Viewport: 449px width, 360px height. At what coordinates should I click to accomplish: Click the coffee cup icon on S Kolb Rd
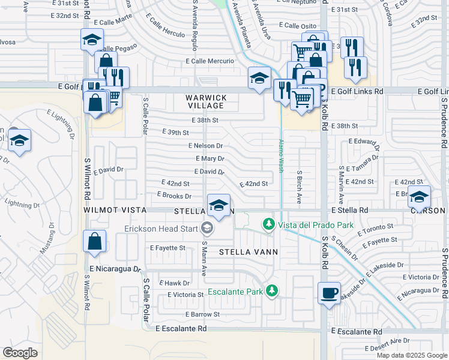[x=328, y=293]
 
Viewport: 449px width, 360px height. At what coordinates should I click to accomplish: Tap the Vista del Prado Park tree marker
[x=270, y=224]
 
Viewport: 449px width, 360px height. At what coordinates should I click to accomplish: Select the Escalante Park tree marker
[x=273, y=291]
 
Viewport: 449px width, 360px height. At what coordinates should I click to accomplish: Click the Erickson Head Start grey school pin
[x=207, y=227]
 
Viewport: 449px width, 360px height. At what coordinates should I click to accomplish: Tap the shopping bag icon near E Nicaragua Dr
[x=95, y=242]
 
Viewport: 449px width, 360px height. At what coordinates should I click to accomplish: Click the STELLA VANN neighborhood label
[x=248, y=252]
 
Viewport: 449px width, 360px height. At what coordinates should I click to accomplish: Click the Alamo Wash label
[x=280, y=156]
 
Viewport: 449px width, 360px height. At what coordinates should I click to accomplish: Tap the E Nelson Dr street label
[x=205, y=146]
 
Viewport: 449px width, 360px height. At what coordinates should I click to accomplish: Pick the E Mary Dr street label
[x=210, y=159]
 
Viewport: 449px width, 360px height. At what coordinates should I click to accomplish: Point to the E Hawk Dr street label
[x=174, y=283]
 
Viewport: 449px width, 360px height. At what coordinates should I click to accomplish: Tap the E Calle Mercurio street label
[x=210, y=61]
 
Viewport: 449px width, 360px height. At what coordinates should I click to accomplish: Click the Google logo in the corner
[x=20, y=353]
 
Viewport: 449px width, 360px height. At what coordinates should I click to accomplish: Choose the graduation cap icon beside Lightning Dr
[x=20, y=141]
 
